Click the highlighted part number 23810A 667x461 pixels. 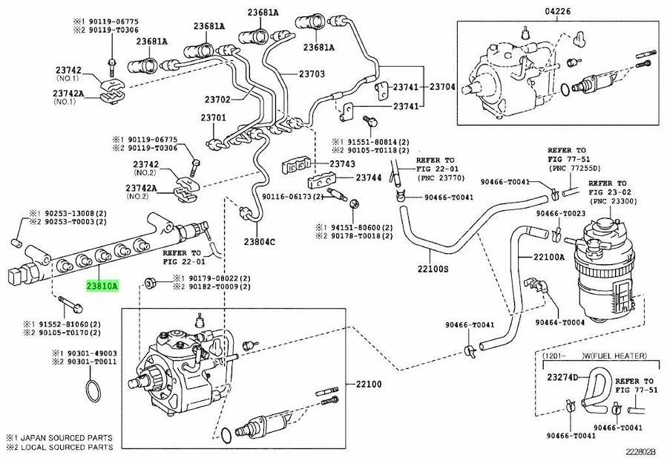click(102, 285)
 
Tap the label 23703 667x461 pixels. click(312, 74)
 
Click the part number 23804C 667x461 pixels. click(260, 241)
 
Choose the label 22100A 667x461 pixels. click(549, 257)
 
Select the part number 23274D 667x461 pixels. click(562, 377)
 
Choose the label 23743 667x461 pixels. click(342, 163)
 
